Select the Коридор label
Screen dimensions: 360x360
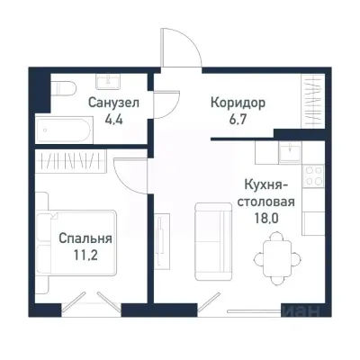click(238, 103)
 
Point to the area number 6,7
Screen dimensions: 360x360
click(238, 118)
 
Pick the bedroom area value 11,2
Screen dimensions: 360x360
click(85, 255)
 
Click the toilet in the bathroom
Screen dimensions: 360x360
click(62, 91)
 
